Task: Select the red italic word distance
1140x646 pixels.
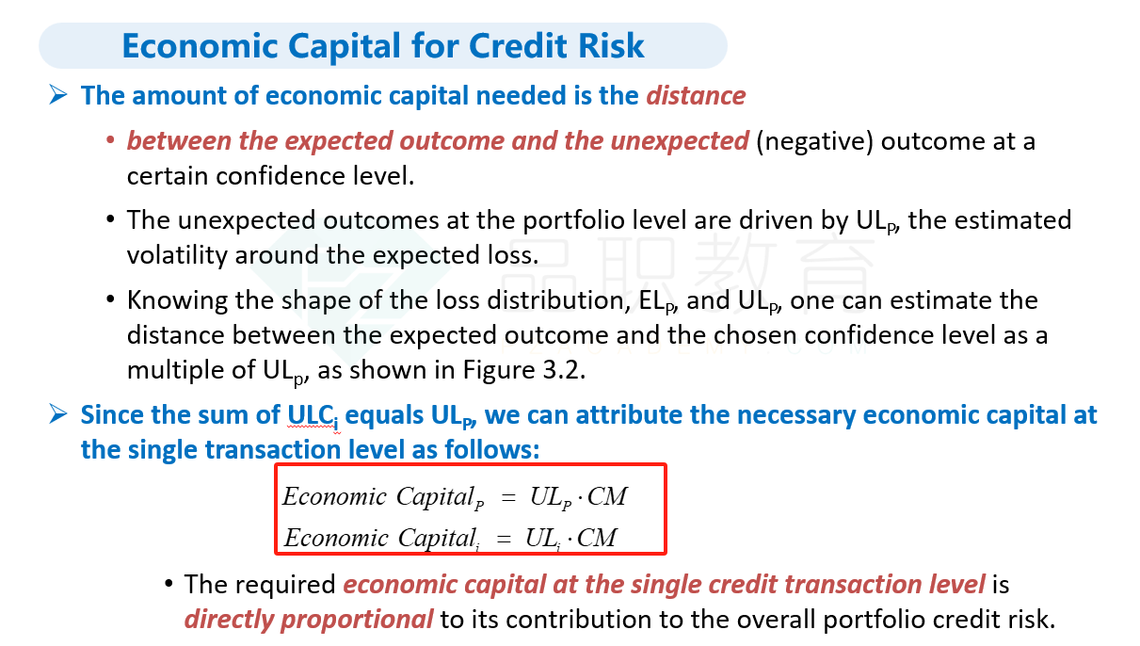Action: [x=696, y=96]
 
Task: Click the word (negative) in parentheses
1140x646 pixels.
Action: [x=815, y=141]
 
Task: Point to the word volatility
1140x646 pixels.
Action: [x=177, y=255]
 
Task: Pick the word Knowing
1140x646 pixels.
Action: [x=177, y=300]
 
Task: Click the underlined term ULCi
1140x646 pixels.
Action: [x=313, y=416]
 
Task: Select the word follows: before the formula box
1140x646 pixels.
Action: [x=491, y=449]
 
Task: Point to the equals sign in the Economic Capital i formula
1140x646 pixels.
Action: [x=504, y=539]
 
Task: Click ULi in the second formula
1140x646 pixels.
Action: [x=542, y=539]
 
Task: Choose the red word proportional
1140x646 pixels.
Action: [x=357, y=620]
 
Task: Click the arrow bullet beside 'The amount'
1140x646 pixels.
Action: [x=58, y=95]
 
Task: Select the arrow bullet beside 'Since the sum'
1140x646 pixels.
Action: [x=58, y=413]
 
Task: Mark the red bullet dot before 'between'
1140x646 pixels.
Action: [x=110, y=140]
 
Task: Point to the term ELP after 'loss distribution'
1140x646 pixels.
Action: [x=657, y=301]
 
